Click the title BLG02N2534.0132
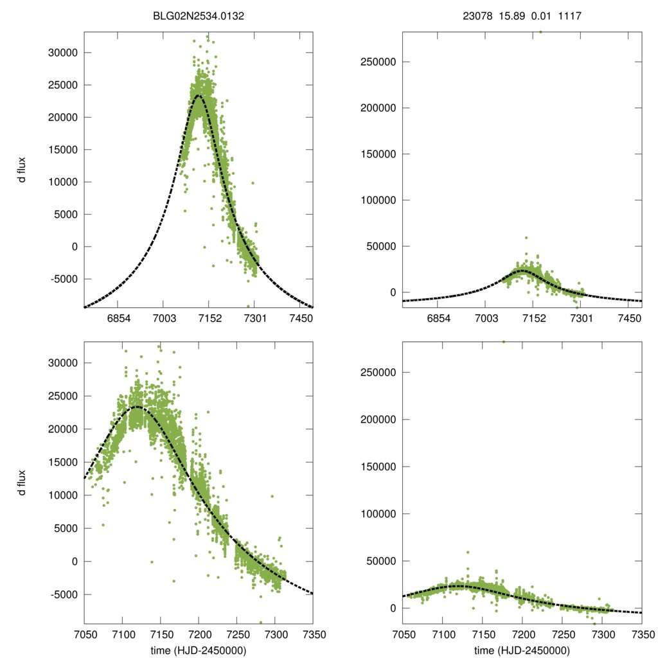coord(197,15)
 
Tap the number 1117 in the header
coord(570,15)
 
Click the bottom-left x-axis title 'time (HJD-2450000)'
coord(197,650)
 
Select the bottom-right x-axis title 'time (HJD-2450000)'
coord(522,650)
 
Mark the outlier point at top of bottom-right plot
coord(504,341)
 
